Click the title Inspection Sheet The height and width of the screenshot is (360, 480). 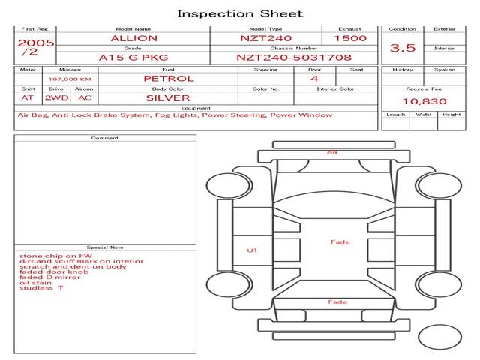click(x=240, y=13)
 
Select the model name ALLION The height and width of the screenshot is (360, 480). click(x=133, y=38)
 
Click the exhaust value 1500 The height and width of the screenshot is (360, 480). click(x=350, y=38)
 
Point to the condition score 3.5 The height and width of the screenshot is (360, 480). click(x=402, y=48)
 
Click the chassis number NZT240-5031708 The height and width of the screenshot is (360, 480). click(x=294, y=57)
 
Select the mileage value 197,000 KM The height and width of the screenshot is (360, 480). click(x=70, y=79)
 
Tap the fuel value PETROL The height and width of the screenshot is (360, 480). click(x=168, y=78)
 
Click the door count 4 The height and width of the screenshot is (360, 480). click(x=314, y=78)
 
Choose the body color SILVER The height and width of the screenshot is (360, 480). click(x=168, y=97)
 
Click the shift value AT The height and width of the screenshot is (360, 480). click(x=27, y=97)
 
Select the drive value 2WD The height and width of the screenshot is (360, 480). click(x=55, y=97)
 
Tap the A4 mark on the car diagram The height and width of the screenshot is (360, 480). click(x=331, y=152)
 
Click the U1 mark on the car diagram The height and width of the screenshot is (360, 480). click(x=252, y=250)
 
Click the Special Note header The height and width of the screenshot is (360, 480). click(x=105, y=247)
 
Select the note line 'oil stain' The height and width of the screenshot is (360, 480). click(x=36, y=283)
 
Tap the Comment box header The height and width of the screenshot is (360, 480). click(x=105, y=138)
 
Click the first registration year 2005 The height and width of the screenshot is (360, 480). click(x=36, y=43)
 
